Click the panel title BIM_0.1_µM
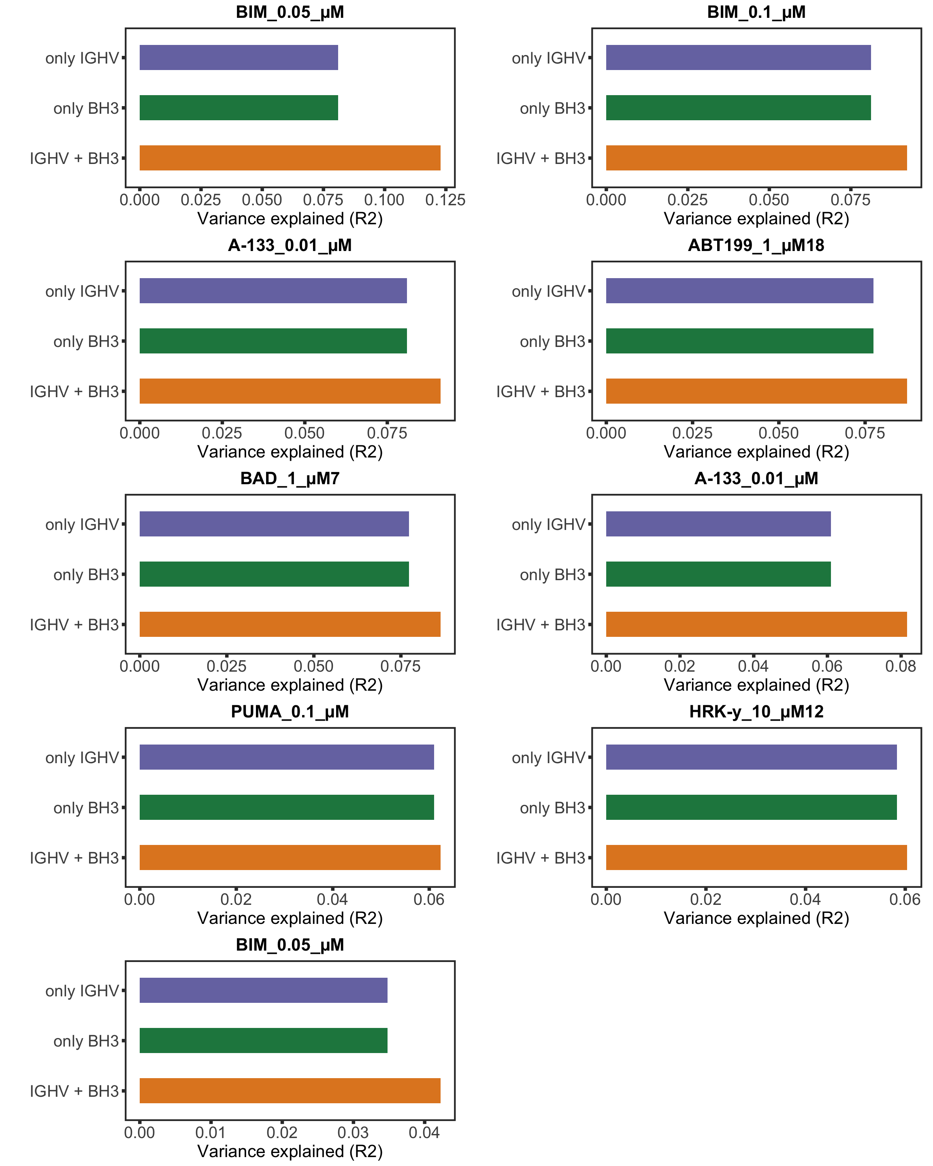756,12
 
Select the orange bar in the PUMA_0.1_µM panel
290,857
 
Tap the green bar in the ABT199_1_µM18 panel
739,341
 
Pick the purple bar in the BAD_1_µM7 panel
274,523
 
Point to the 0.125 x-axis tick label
445,200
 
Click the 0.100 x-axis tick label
384,200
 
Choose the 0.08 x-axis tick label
900,666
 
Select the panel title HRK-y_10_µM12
756,712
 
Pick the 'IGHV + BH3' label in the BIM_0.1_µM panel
540,158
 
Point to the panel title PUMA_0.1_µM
290,712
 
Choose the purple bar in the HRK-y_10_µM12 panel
751,757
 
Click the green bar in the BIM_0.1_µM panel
738,108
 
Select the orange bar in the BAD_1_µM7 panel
290,624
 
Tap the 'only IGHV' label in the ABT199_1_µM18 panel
548,291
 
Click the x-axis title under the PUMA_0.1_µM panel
290,918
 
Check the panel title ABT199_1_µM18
756,245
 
